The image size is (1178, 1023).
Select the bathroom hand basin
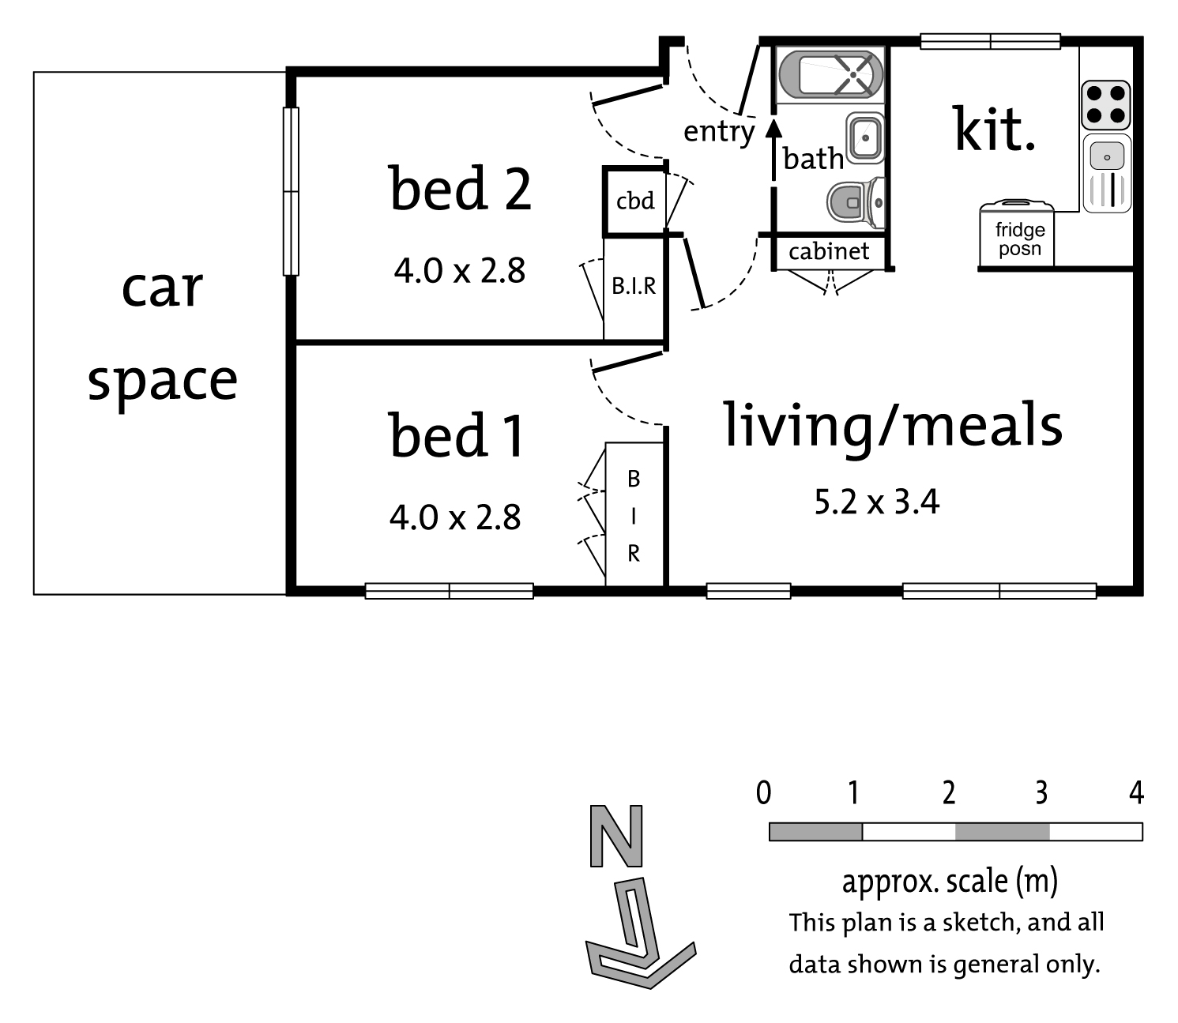coord(864,137)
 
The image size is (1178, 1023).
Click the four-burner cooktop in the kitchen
coord(1105,105)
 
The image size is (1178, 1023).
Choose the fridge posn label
coord(1020,239)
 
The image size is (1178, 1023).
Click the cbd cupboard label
coord(635,201)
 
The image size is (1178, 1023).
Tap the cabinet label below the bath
coord(829,251)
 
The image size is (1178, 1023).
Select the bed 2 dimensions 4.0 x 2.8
coord(460,271)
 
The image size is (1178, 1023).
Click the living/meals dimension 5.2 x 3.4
coord(877,502)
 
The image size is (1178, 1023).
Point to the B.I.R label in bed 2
coord(634,286)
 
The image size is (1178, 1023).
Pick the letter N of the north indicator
coord(616,835)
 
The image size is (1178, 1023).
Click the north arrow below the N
coord(640,934)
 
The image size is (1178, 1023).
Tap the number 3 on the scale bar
coord(1041,792)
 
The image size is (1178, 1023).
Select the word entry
coord(719,132)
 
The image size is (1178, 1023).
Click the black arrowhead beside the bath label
coord(773,129)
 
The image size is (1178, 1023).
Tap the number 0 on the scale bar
coord(763,792)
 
